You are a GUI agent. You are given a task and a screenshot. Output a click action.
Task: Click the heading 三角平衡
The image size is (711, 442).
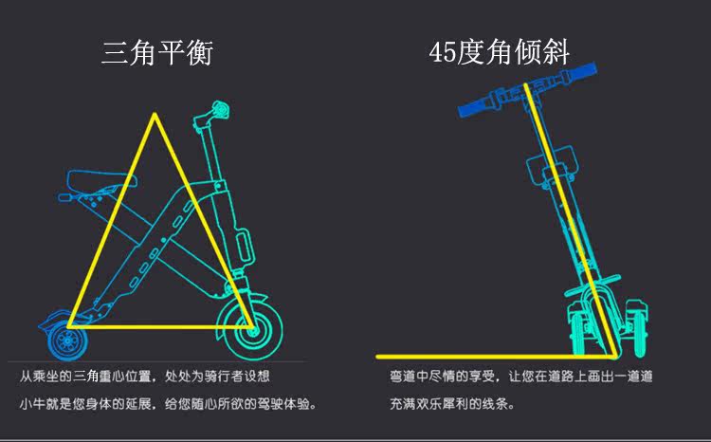point(157,53)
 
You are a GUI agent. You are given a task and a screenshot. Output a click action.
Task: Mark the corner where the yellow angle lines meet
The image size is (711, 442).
point(619,356)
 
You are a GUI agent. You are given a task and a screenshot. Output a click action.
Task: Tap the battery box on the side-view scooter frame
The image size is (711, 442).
point(244,244)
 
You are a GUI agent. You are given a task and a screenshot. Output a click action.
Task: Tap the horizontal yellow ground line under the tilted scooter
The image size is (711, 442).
point(474,357)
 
